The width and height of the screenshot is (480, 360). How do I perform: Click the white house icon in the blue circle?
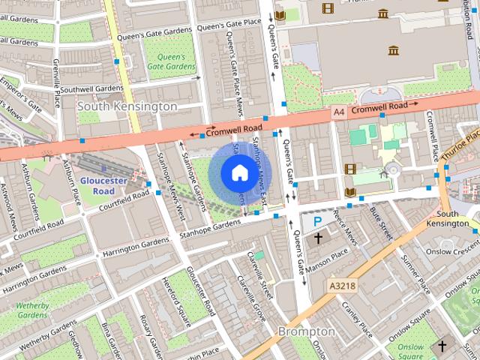(238, 173)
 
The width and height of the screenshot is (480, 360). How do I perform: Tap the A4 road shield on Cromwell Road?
(340, 111)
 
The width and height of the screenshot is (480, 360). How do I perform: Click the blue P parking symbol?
(318, 221)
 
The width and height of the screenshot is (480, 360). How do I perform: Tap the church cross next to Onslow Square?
(442, 346)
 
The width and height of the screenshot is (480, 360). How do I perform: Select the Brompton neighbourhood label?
(306, 331)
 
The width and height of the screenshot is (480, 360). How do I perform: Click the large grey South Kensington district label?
(127, 106)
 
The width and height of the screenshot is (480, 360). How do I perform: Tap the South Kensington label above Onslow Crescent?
(452, 219)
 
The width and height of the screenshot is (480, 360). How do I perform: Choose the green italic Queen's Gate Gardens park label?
(170, 61)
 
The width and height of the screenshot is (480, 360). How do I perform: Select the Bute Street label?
(381, 223)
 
